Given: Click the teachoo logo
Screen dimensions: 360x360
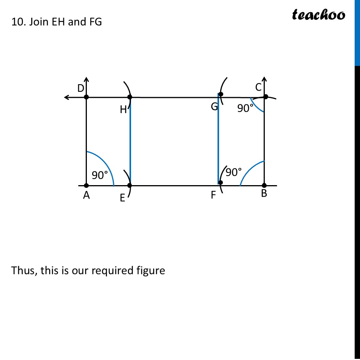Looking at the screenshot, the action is tap(318, 14).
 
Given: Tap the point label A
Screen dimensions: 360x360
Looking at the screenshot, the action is tap(86, 196).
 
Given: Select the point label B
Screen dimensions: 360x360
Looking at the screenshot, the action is tap(264, 194).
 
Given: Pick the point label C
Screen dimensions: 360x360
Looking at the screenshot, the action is tap(258, 88).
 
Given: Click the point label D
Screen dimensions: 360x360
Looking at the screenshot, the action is tap(80, 88).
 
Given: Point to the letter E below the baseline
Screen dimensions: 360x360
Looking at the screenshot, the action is tap(122, 198).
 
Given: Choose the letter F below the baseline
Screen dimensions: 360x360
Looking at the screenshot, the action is tap(213, 195).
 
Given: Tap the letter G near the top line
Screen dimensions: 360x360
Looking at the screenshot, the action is tap(214, 107).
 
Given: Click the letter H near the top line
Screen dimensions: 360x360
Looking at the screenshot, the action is tap(123, 110).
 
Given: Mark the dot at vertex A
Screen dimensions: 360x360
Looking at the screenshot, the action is tap(86, 186).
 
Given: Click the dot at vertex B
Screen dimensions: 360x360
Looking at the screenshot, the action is tap(264, 186).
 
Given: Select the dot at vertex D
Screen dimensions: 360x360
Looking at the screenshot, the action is tap(86, 98).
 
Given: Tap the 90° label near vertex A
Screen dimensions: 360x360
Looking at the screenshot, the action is tap(100, 175).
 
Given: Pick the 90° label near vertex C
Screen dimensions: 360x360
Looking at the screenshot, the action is tap(246, 109).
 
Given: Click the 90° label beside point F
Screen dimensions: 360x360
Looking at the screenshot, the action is tap(234, 173).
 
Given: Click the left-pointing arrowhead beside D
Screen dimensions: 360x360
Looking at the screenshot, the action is tap(67, 98).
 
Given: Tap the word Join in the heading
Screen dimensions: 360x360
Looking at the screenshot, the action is tap(35, 22).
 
